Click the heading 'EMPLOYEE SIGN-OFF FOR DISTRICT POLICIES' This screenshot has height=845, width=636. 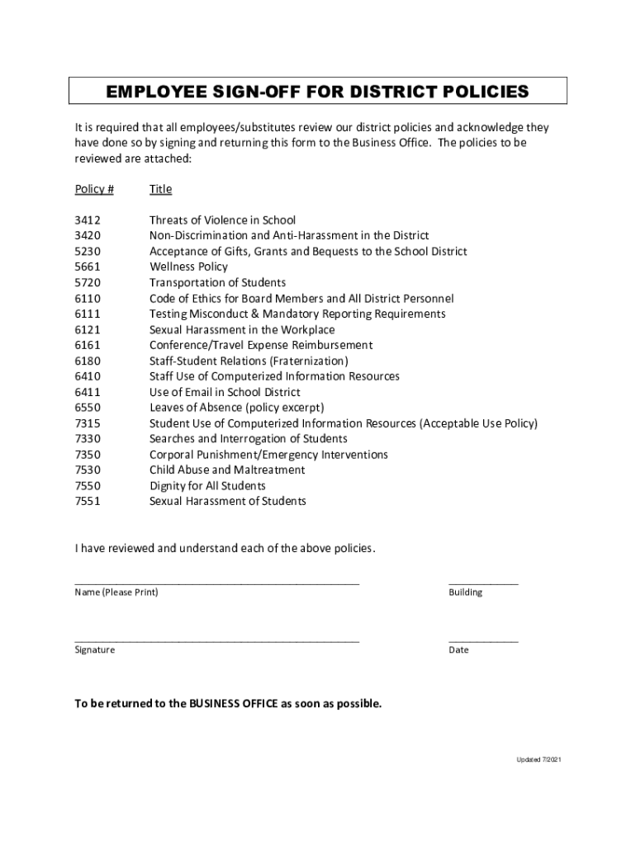(x=318, y=92)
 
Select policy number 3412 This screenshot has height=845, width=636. (x=88, y=220)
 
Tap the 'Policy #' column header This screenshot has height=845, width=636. (x=94, y=189)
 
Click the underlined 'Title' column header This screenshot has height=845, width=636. (x=160, y=189)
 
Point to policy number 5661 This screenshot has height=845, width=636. (x=88, y=267)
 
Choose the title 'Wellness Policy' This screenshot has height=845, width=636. (x=188, y=267)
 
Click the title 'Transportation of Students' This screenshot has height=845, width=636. (x=217, y=283)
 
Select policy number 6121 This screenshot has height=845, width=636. (x=88, y=330)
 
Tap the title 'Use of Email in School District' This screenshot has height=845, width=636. (x=225, y=392)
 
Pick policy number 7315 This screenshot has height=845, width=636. (x=88, y=423)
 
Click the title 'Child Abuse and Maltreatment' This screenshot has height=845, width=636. (x=227, y=470)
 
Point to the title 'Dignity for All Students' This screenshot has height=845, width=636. (x=207, y=486)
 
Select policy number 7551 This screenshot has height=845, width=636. (x=88, y=502)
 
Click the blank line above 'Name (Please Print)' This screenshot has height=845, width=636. (x=217, y=583)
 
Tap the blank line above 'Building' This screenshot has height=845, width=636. (x=483, y=583)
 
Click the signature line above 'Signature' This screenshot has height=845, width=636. (x=217, y=640)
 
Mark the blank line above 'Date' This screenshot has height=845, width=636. (x=483, y=640)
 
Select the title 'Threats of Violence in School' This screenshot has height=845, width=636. (x=222, y=220)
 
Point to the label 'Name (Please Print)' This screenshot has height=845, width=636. (x=116, y=592)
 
